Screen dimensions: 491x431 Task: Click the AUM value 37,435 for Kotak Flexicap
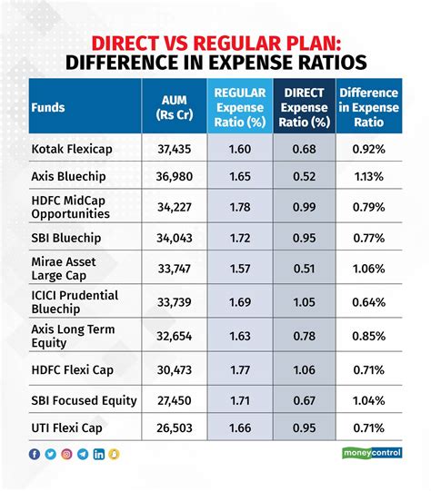pyautogui.click(x=171, y=147)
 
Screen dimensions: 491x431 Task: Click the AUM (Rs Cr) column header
pyautogui.click(x=172, y=106)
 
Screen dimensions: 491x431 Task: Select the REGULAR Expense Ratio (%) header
pyautogui.click(x=239, y=106)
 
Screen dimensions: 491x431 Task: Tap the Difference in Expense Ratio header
pyautogui.click(x=369, y=106)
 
